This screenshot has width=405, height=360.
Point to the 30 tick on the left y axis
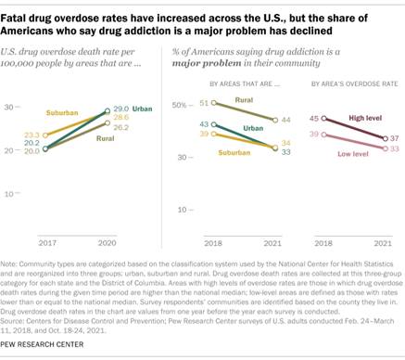13,109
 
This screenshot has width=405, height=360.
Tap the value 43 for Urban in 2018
179,123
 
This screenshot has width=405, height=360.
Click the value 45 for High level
315,119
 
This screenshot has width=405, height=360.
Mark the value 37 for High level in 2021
395,137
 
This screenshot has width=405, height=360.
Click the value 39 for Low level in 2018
315,135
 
